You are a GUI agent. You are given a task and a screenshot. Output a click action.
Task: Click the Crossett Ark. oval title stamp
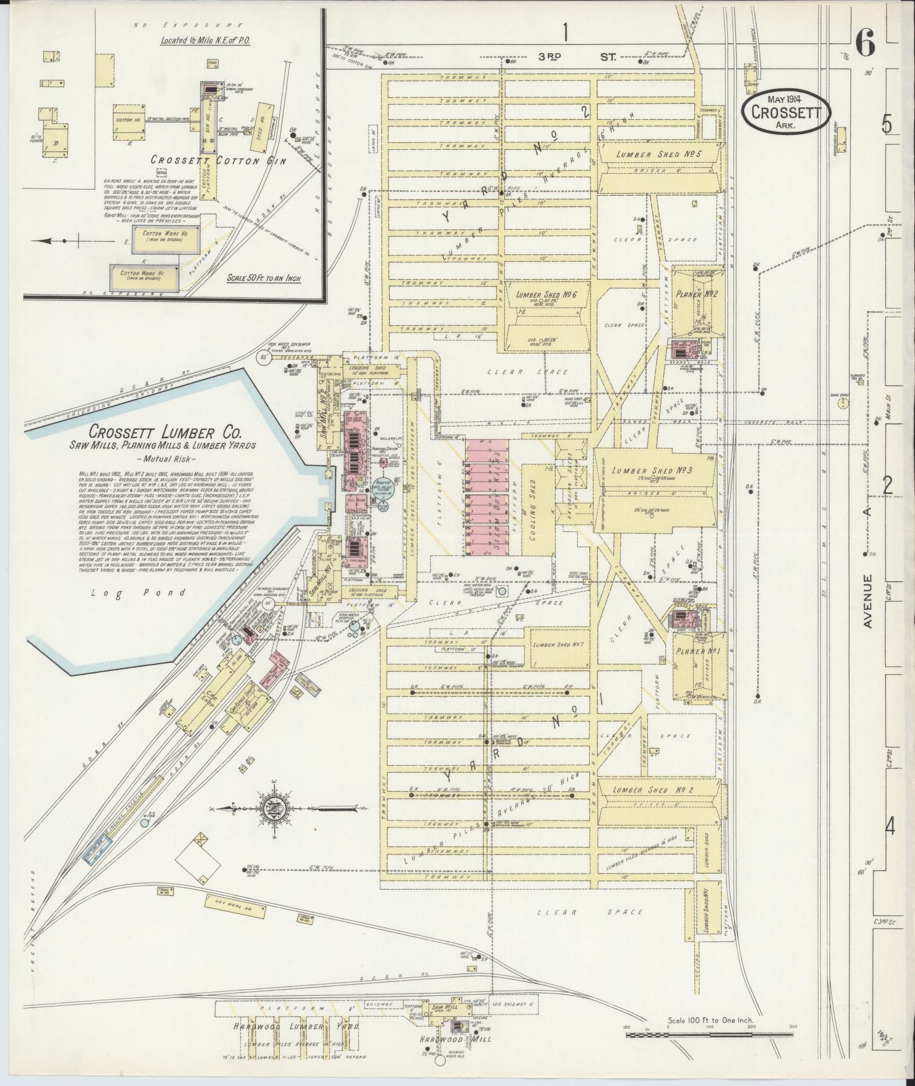786,112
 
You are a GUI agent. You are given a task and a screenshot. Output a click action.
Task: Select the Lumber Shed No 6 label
542,295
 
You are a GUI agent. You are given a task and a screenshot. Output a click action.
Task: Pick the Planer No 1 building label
697,651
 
